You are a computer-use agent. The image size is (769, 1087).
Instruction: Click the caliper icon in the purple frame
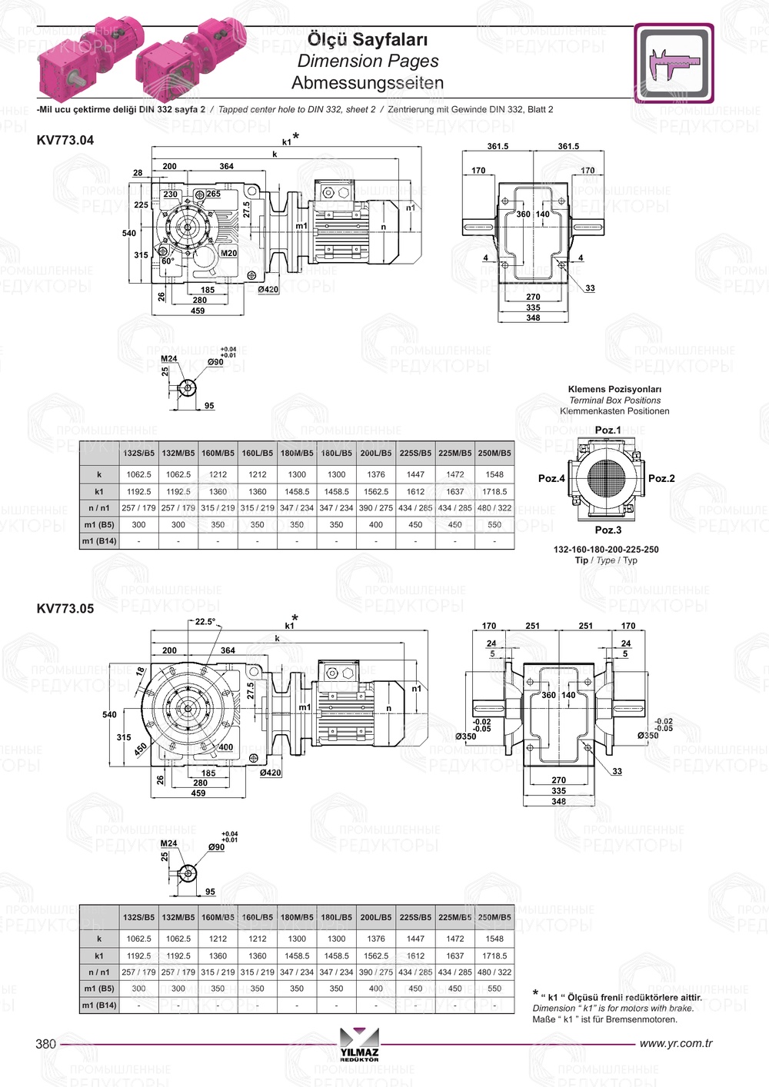click(674, 62)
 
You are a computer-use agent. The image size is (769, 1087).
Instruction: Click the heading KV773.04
click(65, 140)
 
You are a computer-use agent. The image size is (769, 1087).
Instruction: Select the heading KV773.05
click(65, 609)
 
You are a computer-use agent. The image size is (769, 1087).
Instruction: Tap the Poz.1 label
click(608, 430)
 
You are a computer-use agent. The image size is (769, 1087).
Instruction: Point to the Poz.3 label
click(608, 530)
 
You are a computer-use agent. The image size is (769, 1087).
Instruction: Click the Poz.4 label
click(551, 478)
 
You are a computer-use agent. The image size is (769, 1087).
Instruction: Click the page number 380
click(45, 1043)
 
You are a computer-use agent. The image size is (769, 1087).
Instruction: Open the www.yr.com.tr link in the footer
click(676, 1043)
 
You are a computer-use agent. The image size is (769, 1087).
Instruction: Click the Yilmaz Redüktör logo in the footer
click(359, 1044)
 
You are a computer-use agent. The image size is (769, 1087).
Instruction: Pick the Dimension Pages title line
click(368, 61)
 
